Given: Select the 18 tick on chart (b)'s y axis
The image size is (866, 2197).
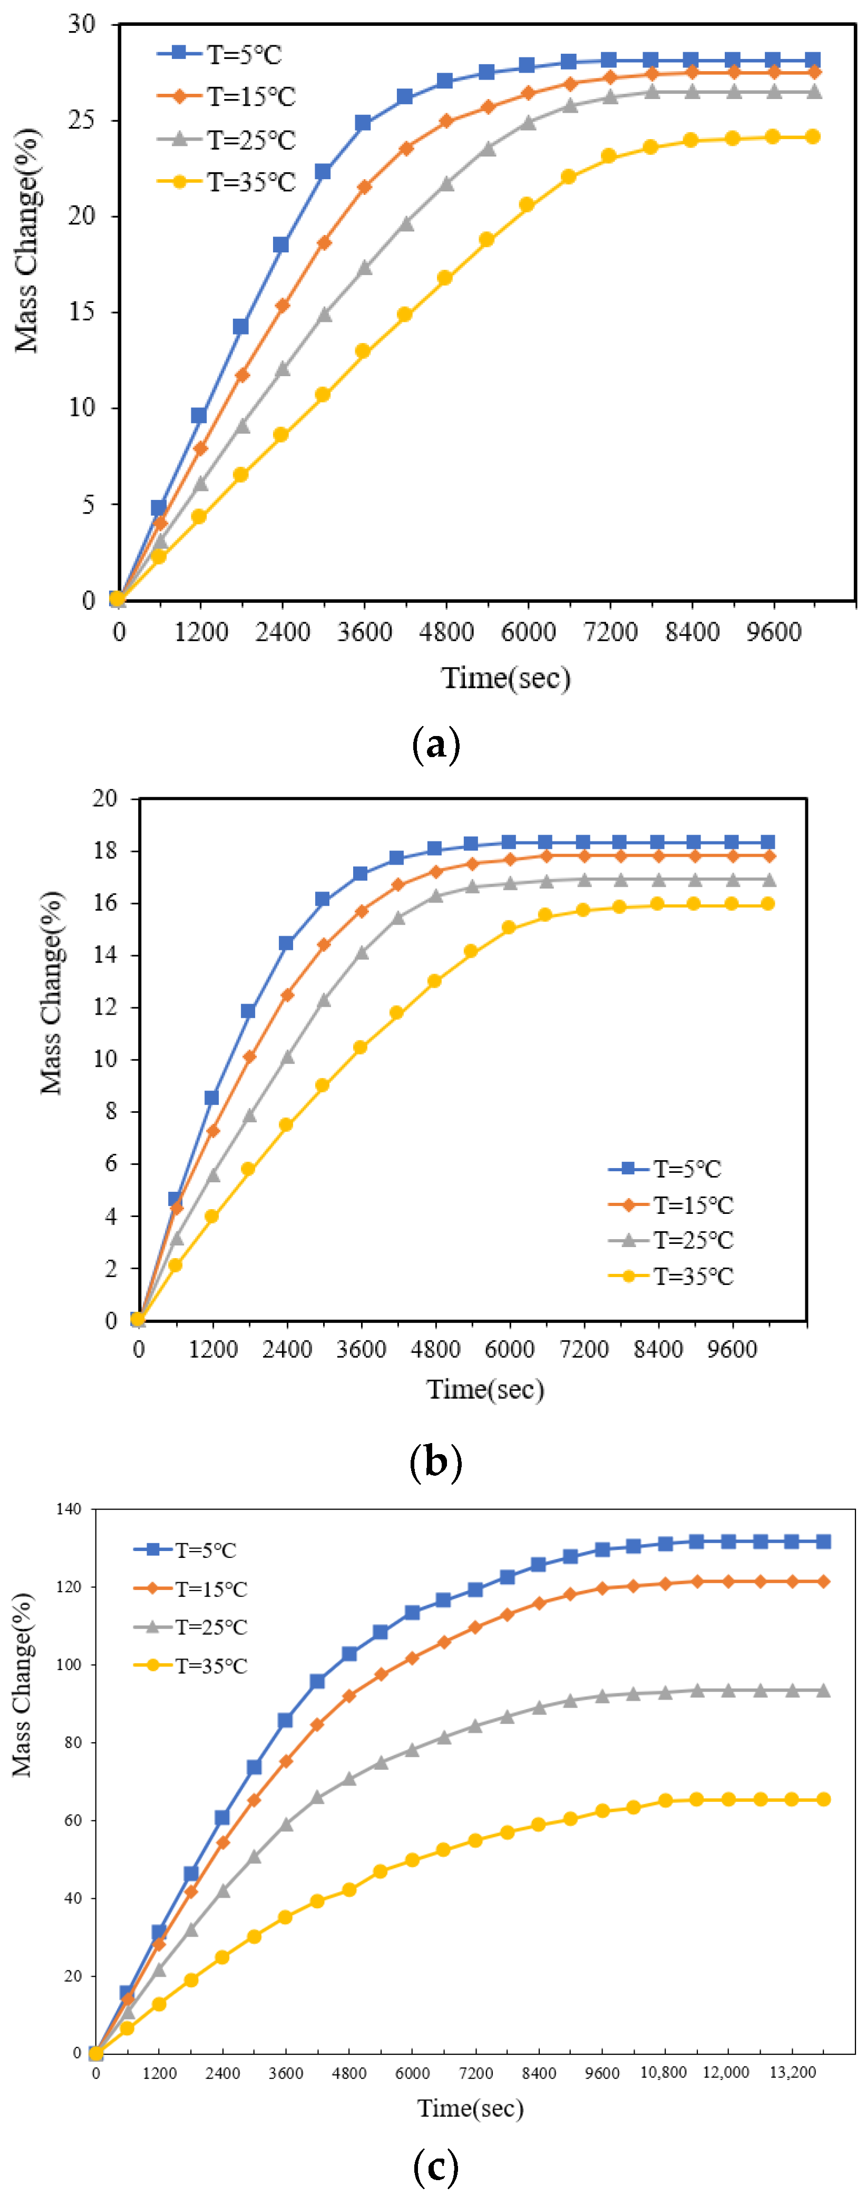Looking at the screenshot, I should tap(105, 850).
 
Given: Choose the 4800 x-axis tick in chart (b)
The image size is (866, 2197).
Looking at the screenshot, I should tap(435, 1349).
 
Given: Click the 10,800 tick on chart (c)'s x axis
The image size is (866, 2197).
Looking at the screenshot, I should tap(664, 2073).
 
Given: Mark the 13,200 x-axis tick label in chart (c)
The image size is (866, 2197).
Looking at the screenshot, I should tap(793, 2073).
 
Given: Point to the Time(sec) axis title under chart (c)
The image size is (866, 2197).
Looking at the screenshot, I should tap(470, 2108).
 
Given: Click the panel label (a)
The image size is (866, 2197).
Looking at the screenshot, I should tap(436, 744).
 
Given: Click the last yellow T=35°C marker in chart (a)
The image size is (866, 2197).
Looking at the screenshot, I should tap(812, 136).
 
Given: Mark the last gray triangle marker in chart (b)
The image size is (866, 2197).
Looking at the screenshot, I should tap(768, 879).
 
